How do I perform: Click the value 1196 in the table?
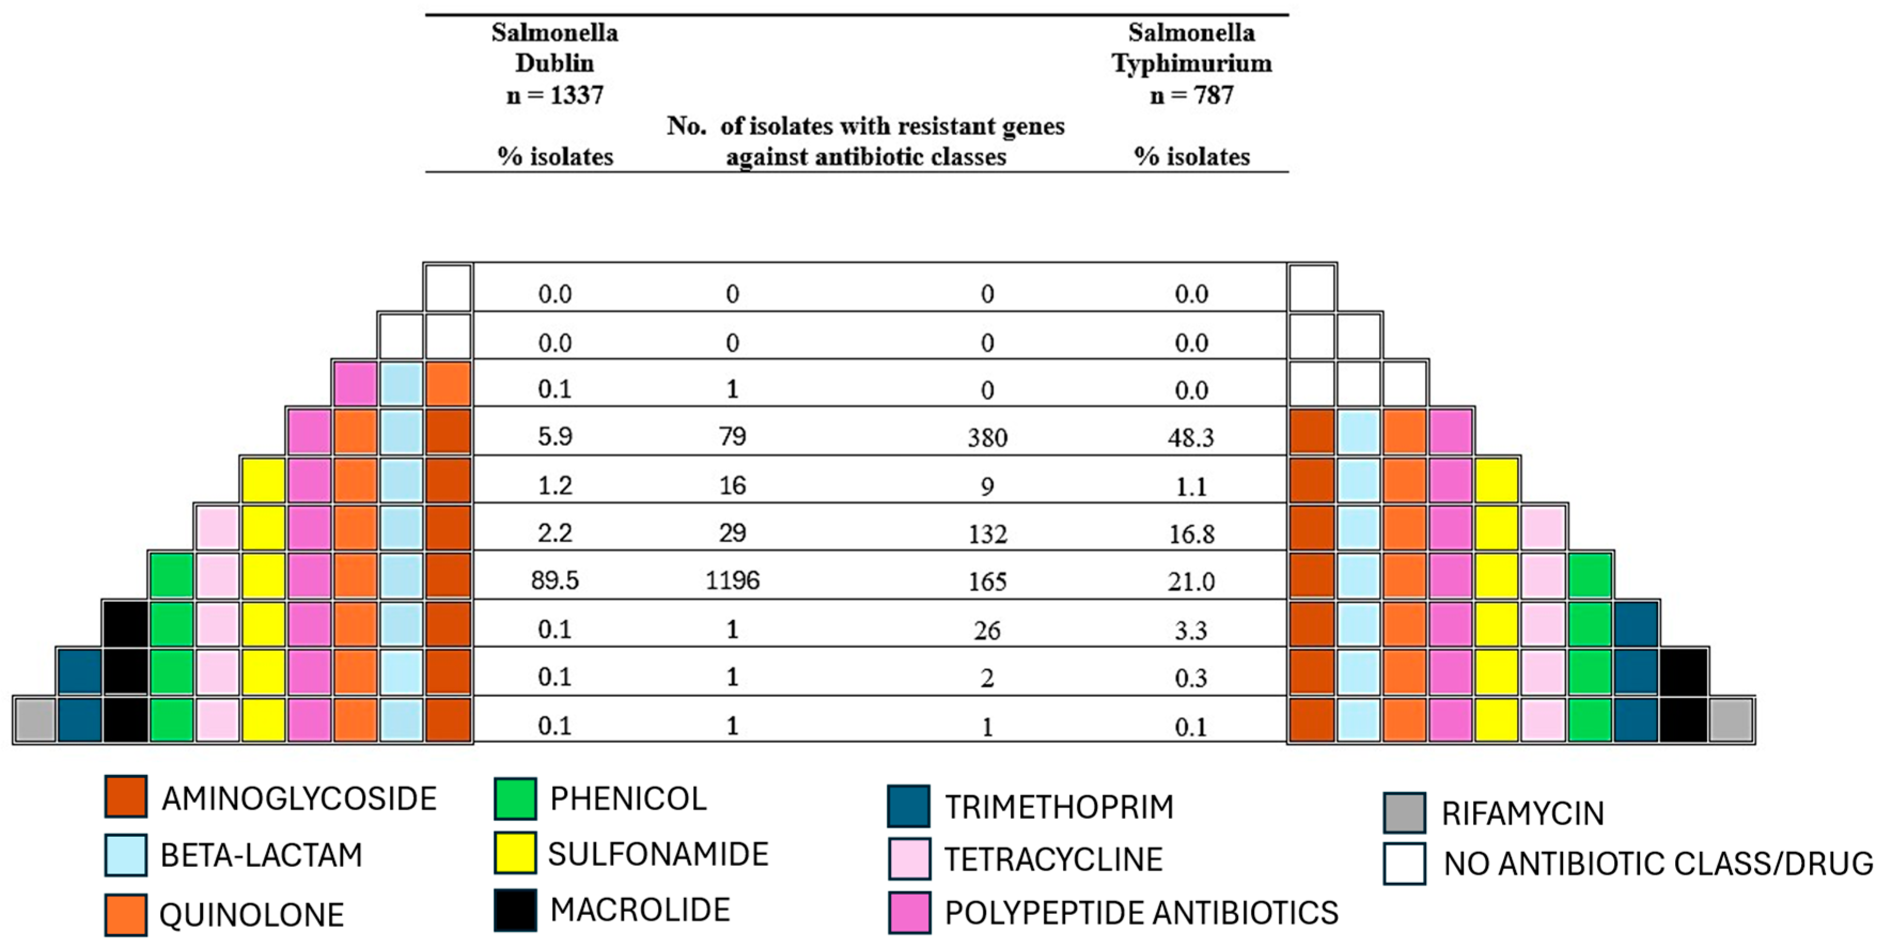pyautogui.click(x=732, y=580)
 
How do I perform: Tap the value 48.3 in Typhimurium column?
pyautogui.click(x=1191, y=437)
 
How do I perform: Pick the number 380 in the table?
pyautogui.click(x=987, y=437)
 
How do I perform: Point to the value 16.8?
pyautogui.click(x=1191, y=534)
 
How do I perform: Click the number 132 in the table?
pyautogui.click(x=987, y=534)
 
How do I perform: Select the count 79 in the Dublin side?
pyautogui.click(x=732, y=437)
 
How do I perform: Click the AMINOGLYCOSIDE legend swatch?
pyautogui.click(x=126, y=796)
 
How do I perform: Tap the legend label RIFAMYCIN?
pyautogui.click(x=1522, y=813)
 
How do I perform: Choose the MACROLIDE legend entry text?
pyautogui.click(x=640, y=910)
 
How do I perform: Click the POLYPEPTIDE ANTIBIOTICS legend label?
pyautogui.click(x=1141, y=913)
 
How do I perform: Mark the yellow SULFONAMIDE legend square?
pyautogui.click(x=515, y=853)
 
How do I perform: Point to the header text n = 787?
pyautogui.click(x=1191, y=95)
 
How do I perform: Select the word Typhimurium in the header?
pyautogui.click(x=1191, y=64)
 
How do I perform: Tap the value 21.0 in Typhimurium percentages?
pyautogui.click(x=1191, y=582)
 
